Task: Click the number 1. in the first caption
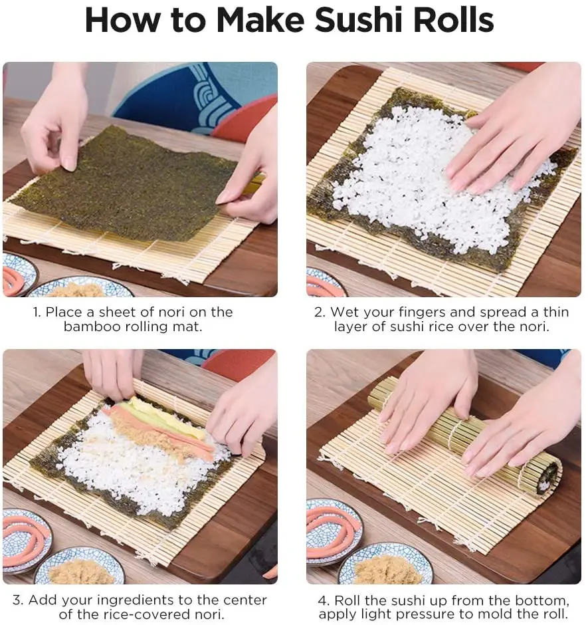[x=37, y=312]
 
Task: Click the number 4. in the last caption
[x=324, y=600]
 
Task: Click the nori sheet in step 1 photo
[x=124, y=184]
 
